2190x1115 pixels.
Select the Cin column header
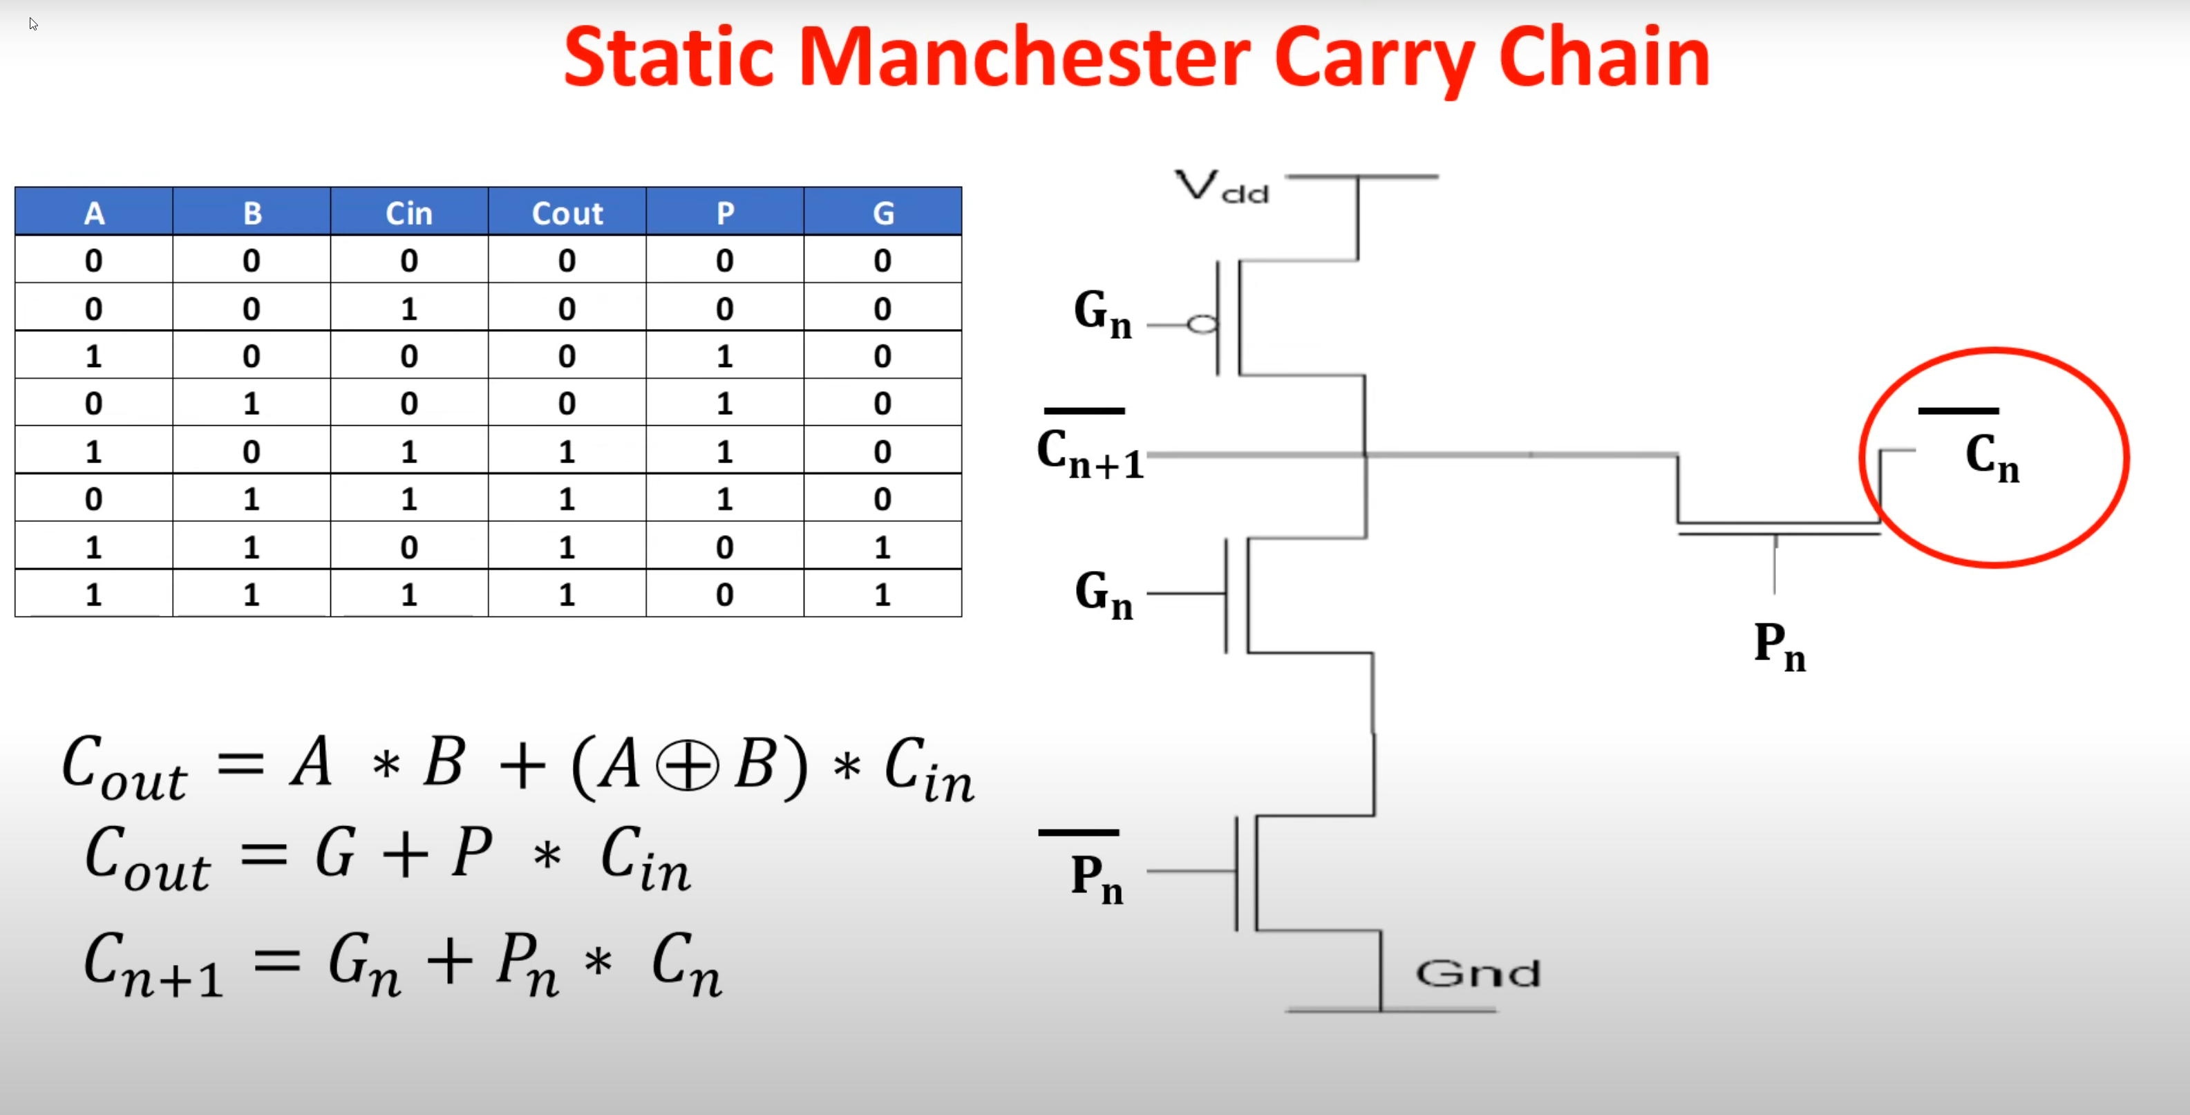409,213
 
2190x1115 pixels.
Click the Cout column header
567,213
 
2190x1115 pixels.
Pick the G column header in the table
883,213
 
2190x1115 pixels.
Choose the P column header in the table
725,213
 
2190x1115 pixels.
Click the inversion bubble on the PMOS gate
1202,324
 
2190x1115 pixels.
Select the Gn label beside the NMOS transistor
1104,594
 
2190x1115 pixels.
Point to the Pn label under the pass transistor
1780,646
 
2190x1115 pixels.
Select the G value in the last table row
882,594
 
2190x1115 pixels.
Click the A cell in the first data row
93,260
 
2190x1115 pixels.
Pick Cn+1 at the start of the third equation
153,964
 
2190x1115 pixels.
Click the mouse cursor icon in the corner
33,24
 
